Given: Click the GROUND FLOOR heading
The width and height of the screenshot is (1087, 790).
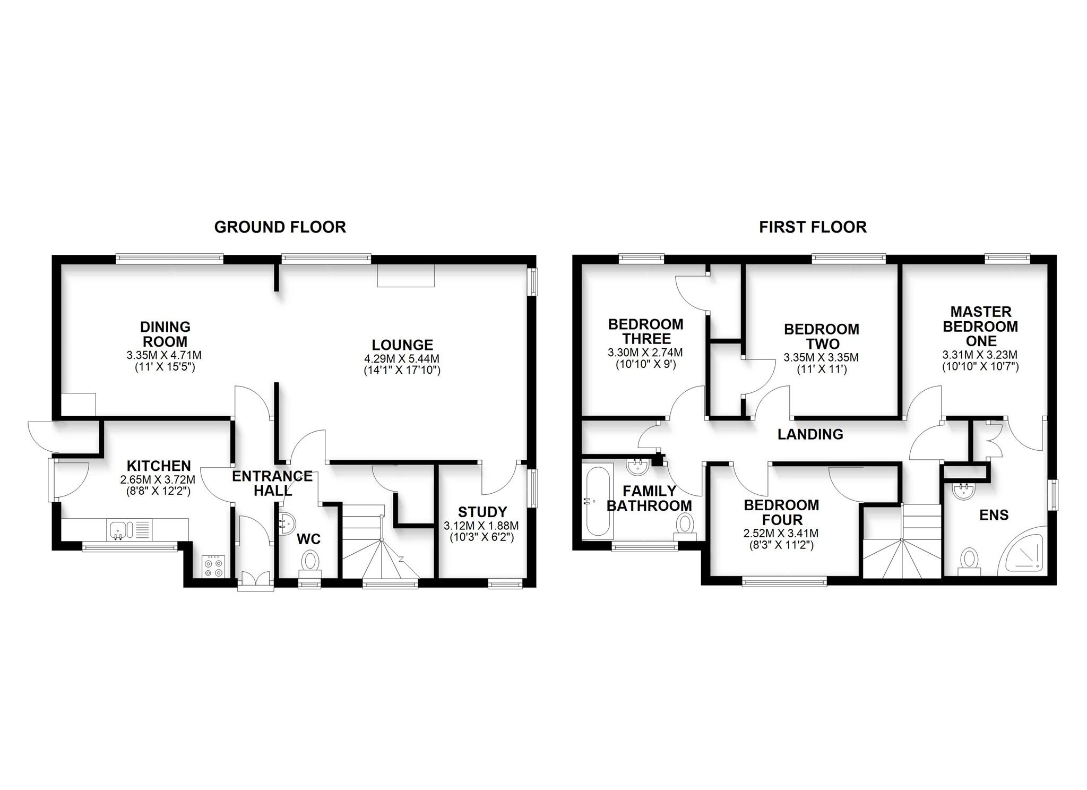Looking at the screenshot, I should pos(280,227).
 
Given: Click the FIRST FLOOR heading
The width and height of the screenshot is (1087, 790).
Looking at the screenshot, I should pos(813,227).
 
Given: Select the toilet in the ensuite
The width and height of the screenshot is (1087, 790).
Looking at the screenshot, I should pos(970,560).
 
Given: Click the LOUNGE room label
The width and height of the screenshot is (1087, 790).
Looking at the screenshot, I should pos(402,345).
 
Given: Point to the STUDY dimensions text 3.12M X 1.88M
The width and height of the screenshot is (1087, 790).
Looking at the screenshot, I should pos(481,526).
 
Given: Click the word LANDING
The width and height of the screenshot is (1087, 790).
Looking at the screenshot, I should pos(810,434).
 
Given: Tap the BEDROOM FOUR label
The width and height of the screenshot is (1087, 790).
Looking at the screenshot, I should pos(781,512).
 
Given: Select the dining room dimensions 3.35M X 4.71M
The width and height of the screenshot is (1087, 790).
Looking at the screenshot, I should pos(165,355).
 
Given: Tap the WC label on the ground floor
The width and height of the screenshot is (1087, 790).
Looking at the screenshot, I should pos(308,539).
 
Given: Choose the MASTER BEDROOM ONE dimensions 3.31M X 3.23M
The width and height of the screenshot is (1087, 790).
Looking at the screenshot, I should pos(980,355).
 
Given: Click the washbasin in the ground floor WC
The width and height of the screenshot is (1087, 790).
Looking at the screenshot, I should pos(286,522).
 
